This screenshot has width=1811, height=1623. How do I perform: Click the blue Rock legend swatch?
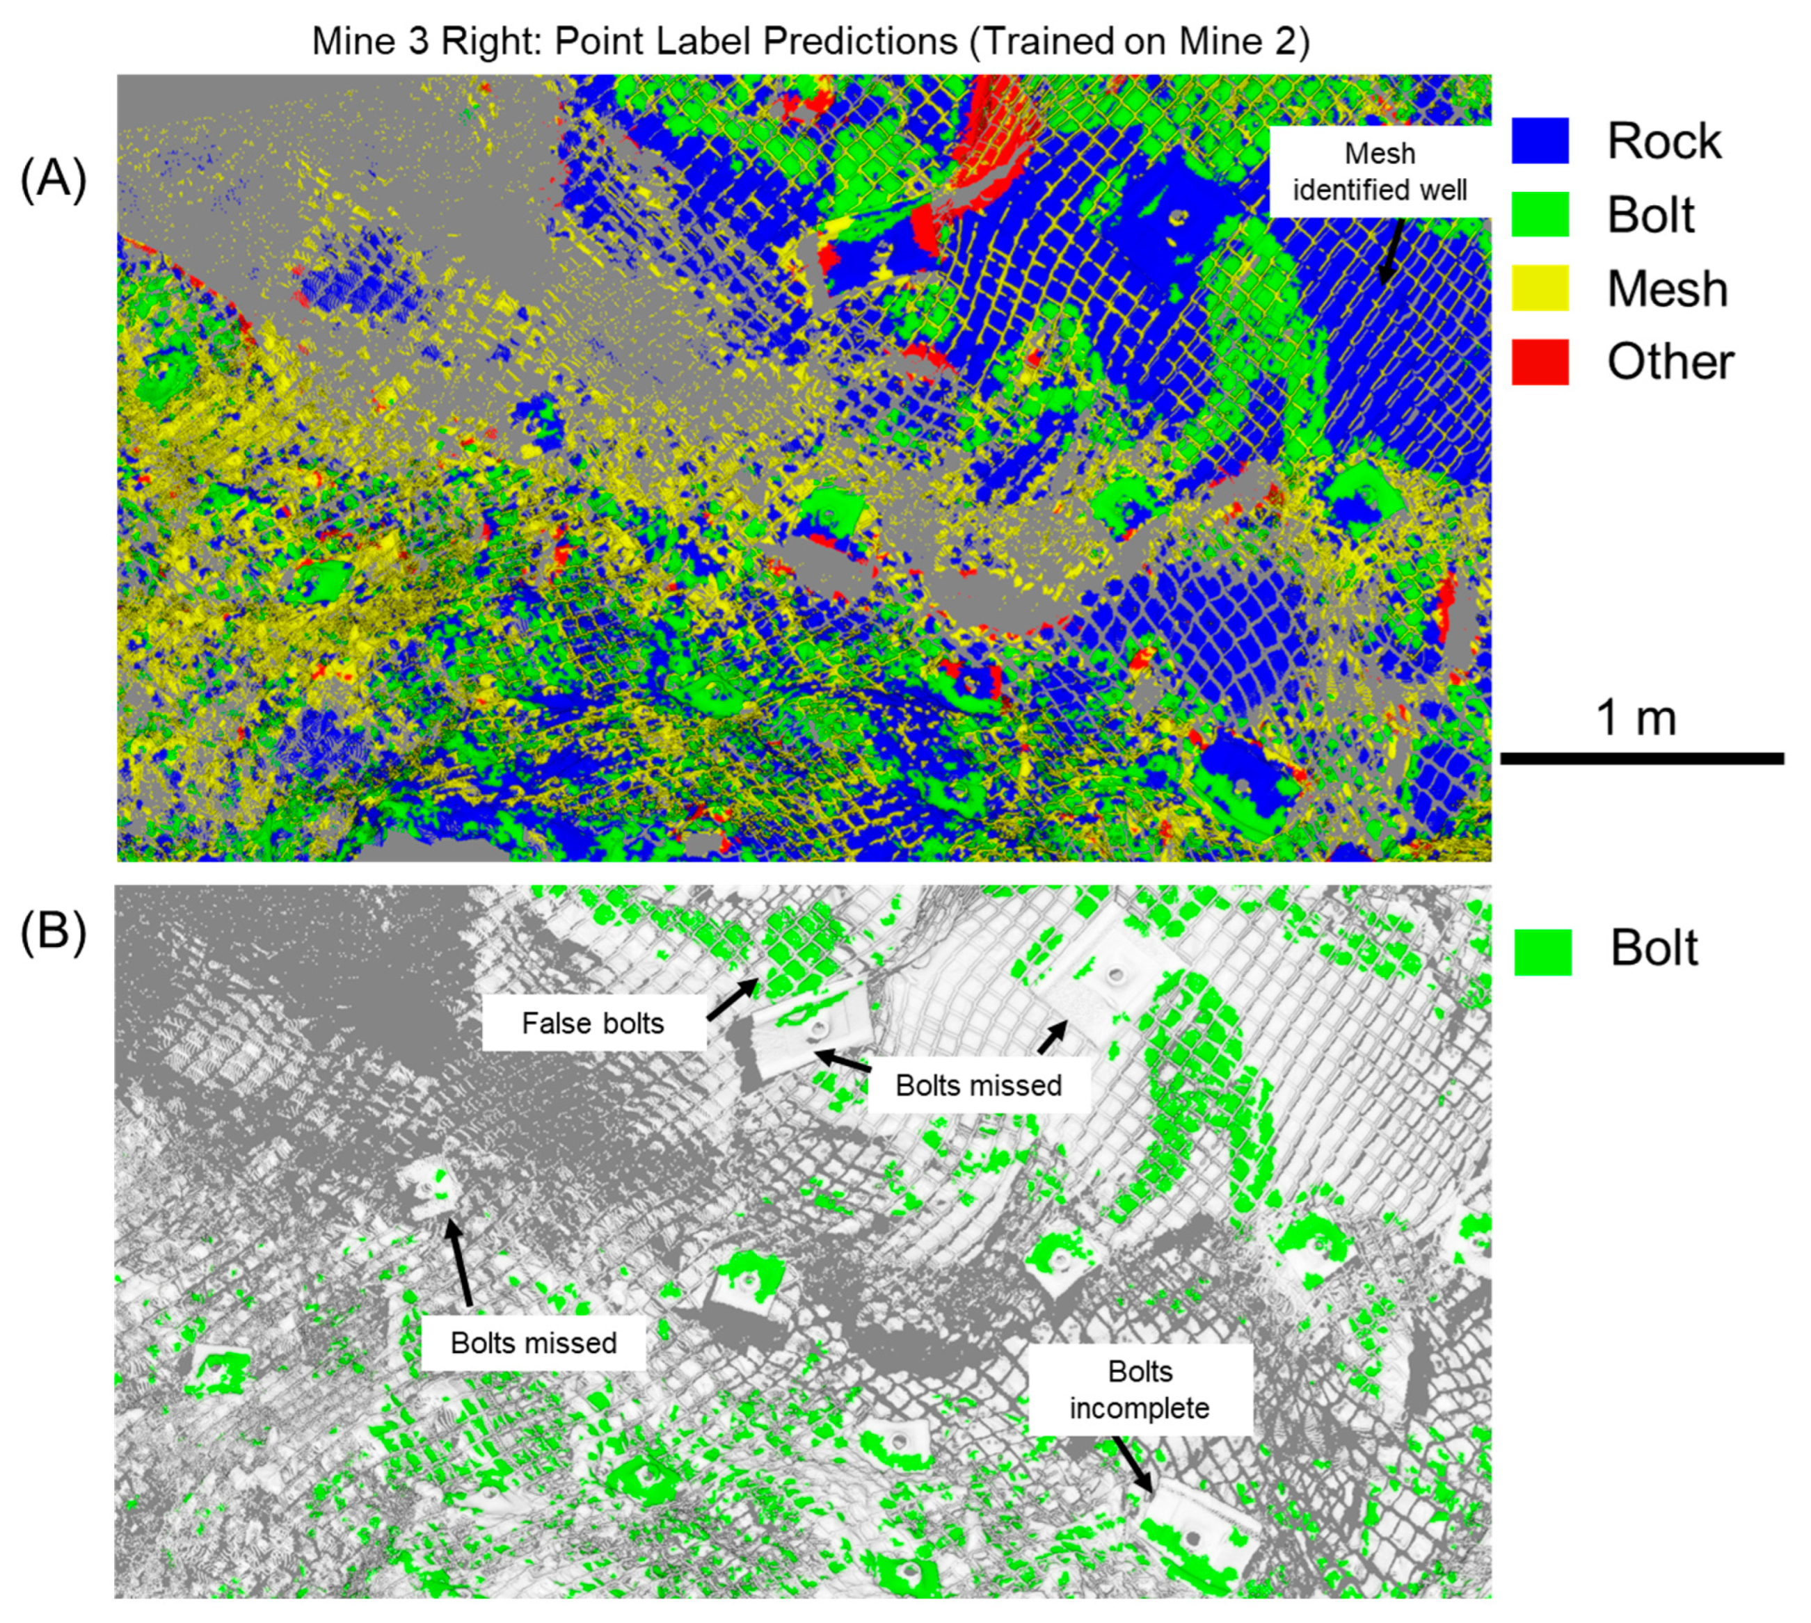point(1540,142)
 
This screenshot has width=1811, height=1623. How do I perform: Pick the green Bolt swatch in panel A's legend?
point(1540,215)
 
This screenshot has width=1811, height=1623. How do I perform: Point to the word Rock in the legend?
point(1664,142)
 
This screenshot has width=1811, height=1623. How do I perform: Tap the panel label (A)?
point(54,179)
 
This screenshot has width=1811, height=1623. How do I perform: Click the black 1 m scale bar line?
point(1641,759)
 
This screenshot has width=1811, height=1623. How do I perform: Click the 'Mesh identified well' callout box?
point(1379,171)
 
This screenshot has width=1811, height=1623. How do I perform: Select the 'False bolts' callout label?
point(593,1023)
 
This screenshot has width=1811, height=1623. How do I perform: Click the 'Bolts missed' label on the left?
point(533,1342)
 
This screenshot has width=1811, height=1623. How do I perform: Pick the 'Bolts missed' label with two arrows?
point(979,1085)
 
